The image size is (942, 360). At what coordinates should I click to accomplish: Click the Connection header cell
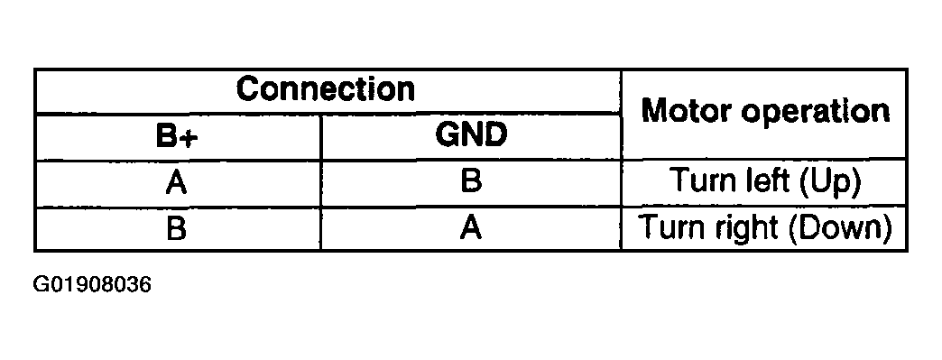point(326,89)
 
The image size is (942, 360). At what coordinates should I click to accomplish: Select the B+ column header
point(177,136)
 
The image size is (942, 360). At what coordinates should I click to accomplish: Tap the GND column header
point(471,136)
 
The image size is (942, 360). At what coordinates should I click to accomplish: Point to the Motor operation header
point(764,112)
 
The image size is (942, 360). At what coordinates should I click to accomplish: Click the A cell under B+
point(177,183)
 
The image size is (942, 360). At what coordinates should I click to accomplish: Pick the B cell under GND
point(471,183)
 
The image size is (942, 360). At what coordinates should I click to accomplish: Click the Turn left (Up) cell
point(764,183)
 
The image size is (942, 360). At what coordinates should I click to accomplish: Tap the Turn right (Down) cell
point(764,226)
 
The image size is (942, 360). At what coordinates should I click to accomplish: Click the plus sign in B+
point(191,137)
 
